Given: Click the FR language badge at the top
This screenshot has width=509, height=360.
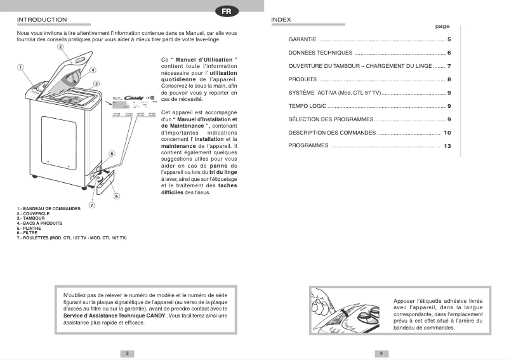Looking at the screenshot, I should [x=226, y=11].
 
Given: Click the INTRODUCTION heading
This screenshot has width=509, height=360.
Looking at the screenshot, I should [x=42, y=20].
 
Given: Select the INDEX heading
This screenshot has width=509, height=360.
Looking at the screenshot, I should [x=281, y=20].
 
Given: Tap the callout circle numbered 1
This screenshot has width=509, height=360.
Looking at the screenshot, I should [x=20, y=67].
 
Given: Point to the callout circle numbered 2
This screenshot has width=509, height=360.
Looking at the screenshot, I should [x=60, y=47].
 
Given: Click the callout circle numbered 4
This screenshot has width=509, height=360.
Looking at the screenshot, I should [x=93, y=70].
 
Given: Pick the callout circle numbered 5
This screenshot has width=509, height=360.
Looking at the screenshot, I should [x=117, y=196].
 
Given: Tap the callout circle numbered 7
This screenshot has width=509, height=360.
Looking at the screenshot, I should [x=91, y=206].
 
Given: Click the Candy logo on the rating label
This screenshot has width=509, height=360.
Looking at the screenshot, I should [x=134, y=98].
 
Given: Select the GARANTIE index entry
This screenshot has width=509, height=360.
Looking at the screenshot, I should [x=303, y=39].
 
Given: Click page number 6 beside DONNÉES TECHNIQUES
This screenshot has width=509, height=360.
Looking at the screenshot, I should [x=448, y=53].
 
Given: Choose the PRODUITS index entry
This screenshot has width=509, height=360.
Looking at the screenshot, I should [x=303, y=79].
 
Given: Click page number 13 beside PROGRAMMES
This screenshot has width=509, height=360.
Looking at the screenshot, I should [x=447, y=146].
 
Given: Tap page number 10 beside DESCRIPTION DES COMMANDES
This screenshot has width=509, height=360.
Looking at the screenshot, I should [x=447, y=133].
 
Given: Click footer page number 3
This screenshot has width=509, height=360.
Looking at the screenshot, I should [x=127, y=353].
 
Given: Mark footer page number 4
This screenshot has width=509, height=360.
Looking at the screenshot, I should [x=381, y=353].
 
